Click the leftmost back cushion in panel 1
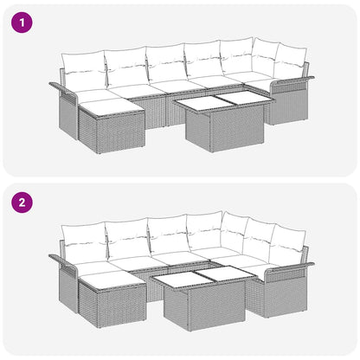pos(82,68)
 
